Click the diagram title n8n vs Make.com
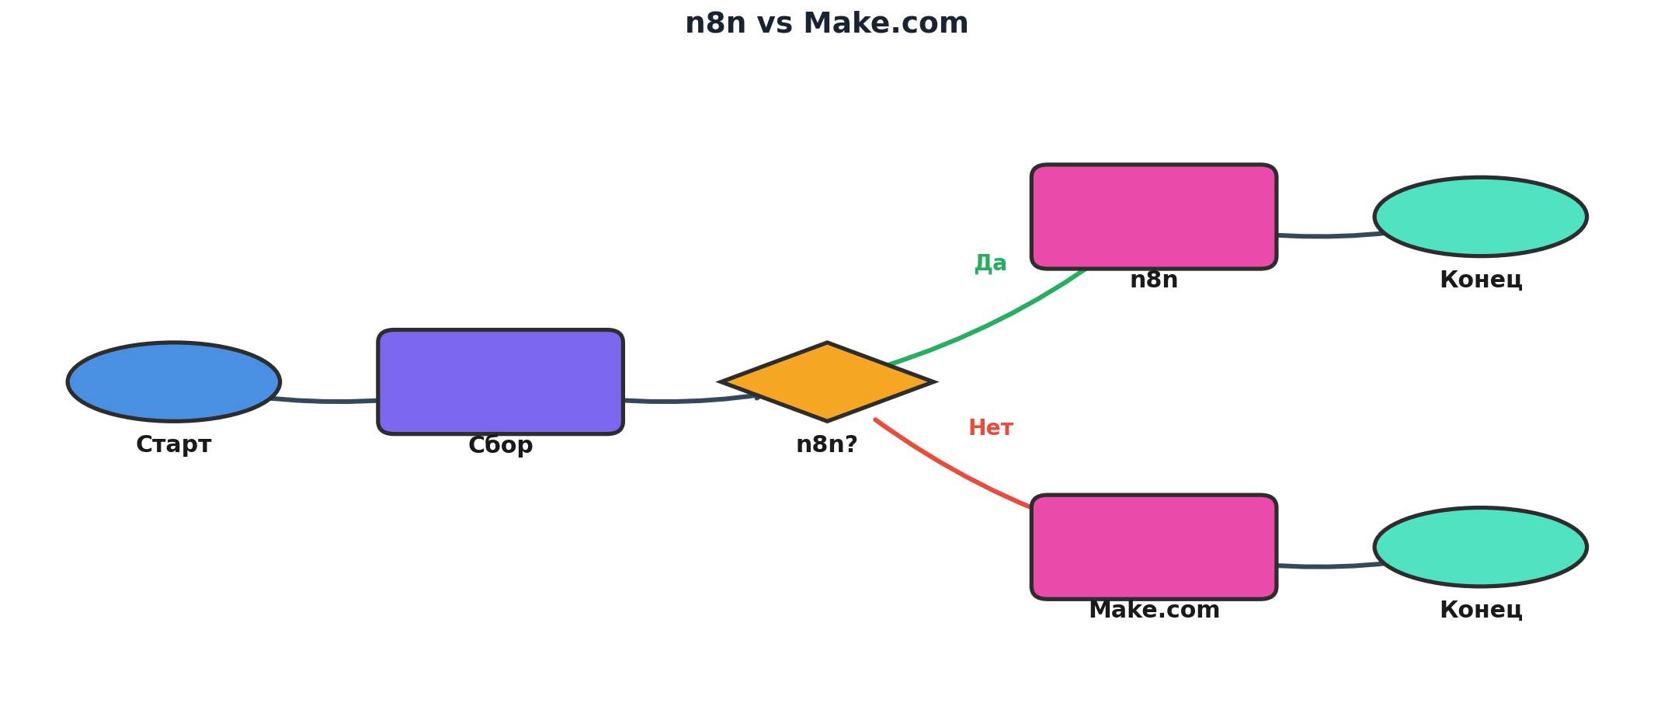[x=826, y=23]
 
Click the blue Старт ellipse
[x=174, y=381]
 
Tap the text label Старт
[x=174, y=445]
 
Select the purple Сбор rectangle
[x=500, y=381]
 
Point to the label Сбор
[x=500, y=446]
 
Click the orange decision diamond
[x=827, y=381]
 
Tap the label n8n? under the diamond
[x=827, y=445]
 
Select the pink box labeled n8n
[x=1153, y=216]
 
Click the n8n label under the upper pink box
[x=1153, y=280]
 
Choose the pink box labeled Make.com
[x=1153, y=546]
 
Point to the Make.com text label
[x=1154, y=611]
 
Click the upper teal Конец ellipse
[x=1480, y=216]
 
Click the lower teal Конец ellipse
[x=1480, y=546]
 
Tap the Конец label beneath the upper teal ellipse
[x=1480, y=280]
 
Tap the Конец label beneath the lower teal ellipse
[x=1480, y=611]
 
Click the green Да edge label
[x=990, y=263]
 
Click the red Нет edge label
[x=990, y=428]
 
